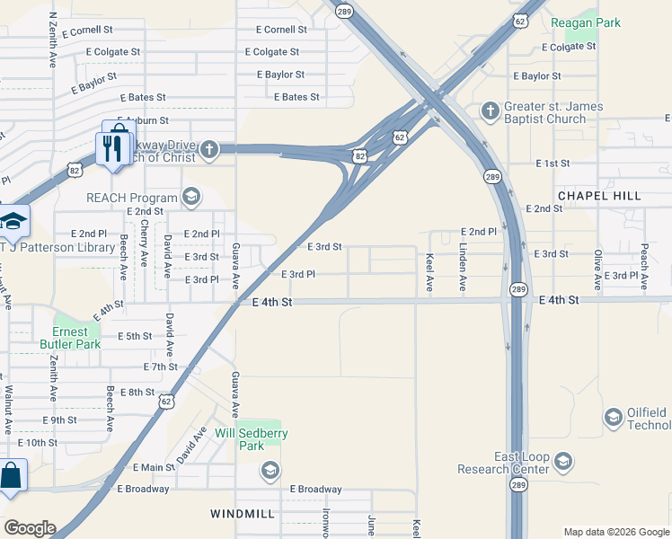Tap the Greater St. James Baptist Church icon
point(490,110)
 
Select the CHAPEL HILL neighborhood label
point(599,195)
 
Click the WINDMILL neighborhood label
point(242,514)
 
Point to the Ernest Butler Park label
point(70,337)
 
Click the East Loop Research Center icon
point(563,462)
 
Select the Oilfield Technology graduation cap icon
point(613,418)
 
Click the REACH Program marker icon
point(190,196)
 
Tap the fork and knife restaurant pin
point(114,146)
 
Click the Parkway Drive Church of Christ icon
point(208,149)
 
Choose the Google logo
point(29,528)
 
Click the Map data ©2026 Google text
point(615,532)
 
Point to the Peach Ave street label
point(644,264)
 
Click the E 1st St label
point(553,163)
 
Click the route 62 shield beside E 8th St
point(167,402)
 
